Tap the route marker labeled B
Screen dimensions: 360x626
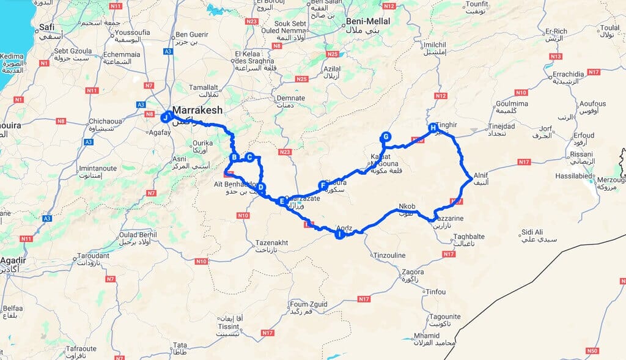point(234,157)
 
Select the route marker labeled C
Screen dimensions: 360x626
point(249,156)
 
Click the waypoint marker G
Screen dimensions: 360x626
point(385,136)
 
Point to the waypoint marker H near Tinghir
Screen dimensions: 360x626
point(433,128)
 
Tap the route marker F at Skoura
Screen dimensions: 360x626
point(323,185)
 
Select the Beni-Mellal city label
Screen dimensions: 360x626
point(368,21)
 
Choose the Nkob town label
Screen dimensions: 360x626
point(406,207)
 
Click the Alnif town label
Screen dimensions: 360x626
point(481,174)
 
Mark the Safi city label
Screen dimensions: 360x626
point(46,28)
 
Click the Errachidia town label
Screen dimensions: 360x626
point(570,75)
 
